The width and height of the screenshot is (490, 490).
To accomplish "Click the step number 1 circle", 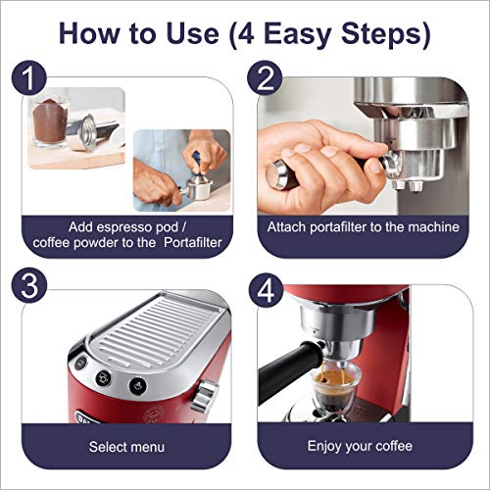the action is (29, 77).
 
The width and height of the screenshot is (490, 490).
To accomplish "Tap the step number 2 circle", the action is (265, 77).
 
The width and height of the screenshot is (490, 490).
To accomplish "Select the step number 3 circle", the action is (29, 285).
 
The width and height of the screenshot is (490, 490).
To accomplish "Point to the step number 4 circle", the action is (266, 290).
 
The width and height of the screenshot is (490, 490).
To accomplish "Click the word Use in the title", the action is (192, 33).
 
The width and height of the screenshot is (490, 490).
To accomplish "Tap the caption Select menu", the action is (126, 447).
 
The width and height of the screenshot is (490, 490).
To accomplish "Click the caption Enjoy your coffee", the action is (360, 446).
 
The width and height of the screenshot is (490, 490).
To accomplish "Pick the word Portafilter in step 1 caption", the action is (193, 242).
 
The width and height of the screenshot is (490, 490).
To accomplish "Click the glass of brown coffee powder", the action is (49, 122).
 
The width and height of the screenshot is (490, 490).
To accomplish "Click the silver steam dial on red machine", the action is (205, 396).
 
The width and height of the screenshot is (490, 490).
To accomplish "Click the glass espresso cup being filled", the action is (335, 388).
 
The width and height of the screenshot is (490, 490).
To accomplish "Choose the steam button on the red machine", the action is (137, 385).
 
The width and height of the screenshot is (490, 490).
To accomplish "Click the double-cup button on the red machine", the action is (103, 378).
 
